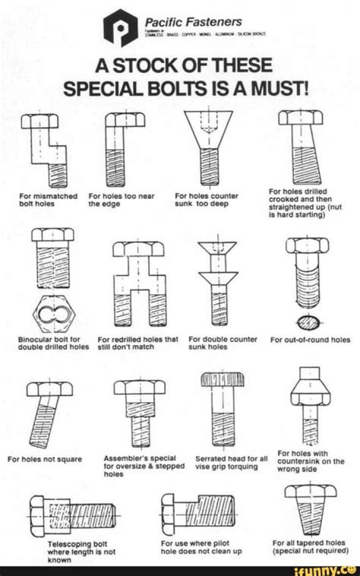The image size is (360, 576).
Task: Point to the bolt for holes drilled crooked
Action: pyautogui.click(x=300, y=150)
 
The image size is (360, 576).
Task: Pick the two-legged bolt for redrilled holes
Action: pyautogui.click(x=138, y=285)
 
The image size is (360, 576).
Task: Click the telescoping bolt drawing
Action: pyautogui.click(x=75, y=514)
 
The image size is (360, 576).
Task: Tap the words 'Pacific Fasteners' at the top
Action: pyautogui.click(x=192, y=22)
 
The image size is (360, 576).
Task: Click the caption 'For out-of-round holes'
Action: pyautogui.click(x=310, y=340)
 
